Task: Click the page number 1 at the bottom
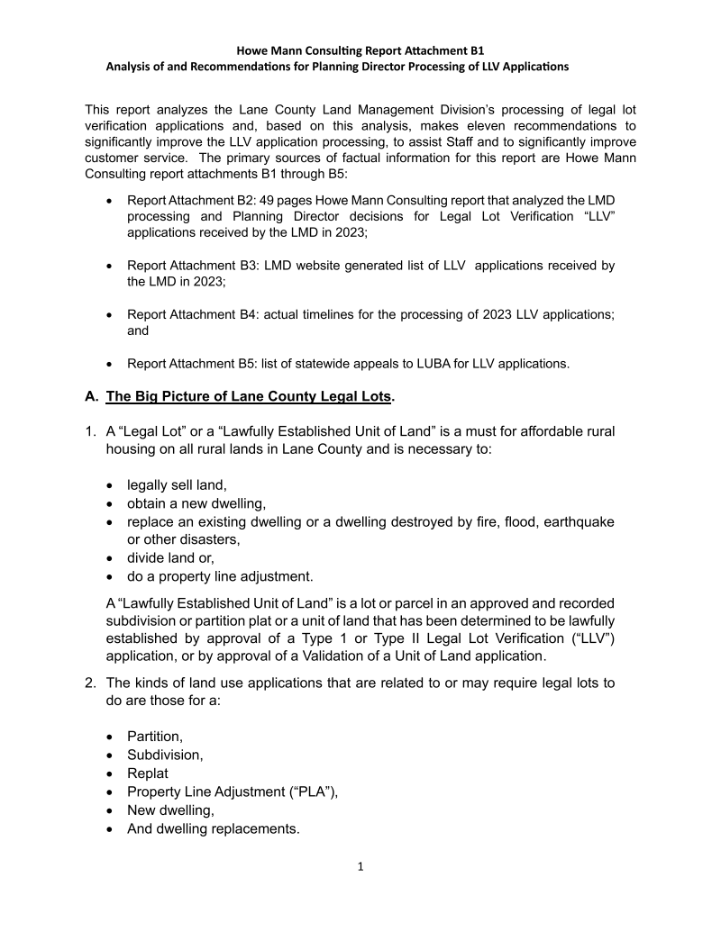(360, 867)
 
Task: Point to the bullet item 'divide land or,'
(171, 558)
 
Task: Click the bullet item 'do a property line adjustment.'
(220, 576)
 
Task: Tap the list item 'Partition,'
(155, 737)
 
